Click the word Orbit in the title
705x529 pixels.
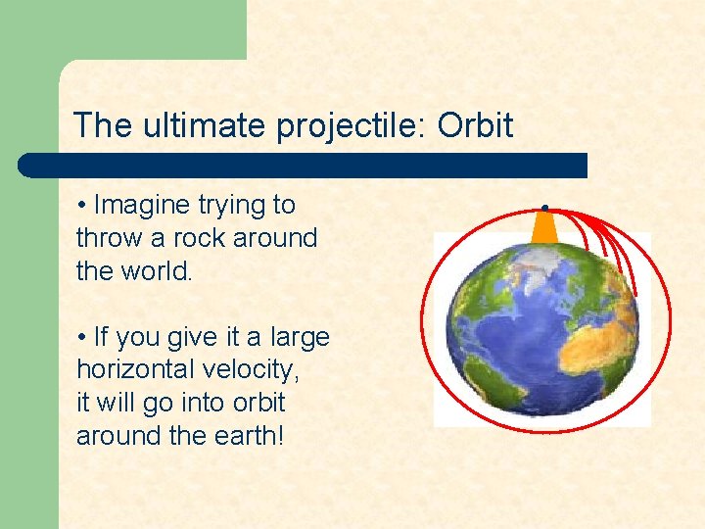(x=475, y=125)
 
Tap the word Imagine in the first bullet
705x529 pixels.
(x=142, y=205)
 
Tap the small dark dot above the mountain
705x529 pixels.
(x=543, y=207)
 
